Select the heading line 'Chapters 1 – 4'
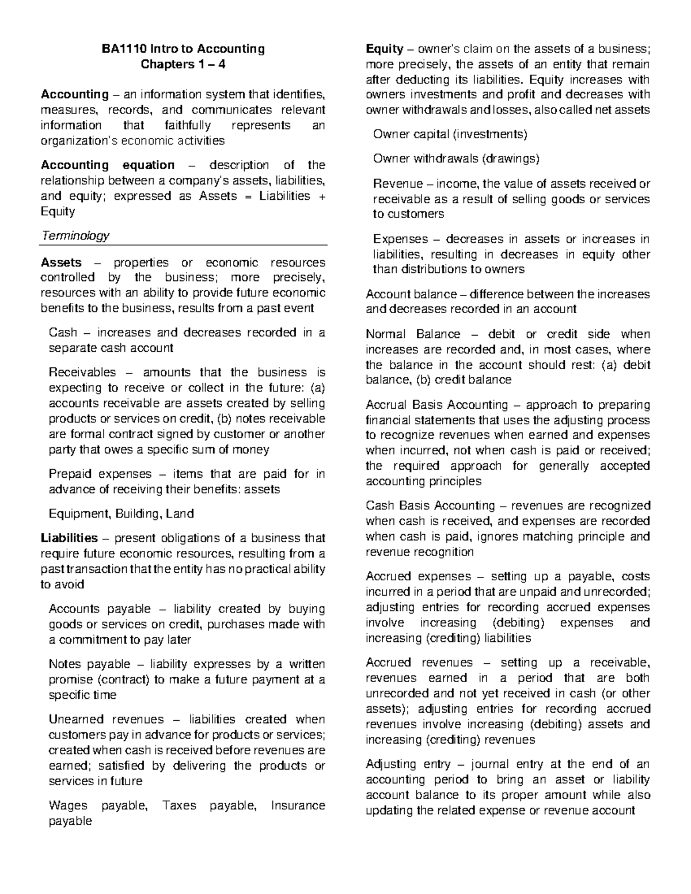[x=183, y=64]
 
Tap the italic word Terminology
[x=75, y=235]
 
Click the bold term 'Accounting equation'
[x=107, y=165]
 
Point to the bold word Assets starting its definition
[x=61, y=263]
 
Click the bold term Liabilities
[x=69, y=538]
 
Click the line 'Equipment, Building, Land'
[x=121, y=513]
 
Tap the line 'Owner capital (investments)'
[x=450, y=135]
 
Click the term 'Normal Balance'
[x=413, y=334]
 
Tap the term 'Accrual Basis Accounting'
[x=437, y=405]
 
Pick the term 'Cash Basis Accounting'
[x=430, y=506]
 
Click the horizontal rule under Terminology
[x=183, y=245]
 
